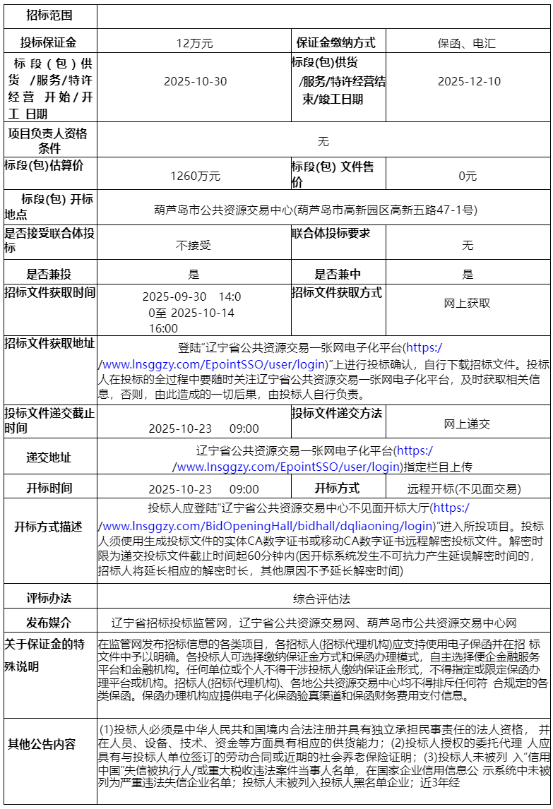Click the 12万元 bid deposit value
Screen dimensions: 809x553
pyautogui.click(x=194, y=43)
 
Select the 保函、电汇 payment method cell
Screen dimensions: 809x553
pyautogui.click(x=466, y=43)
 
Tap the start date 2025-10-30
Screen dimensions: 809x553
pyautogui.click(x=196, y=81)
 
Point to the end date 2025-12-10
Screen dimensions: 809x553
pyautogui.click(x=469, y=81)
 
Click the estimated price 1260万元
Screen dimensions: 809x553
pyautogui.click(x=195, y=176)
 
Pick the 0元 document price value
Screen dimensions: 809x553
pyautogui.click(x=468, y=176)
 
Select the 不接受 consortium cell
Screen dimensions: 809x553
pyautogui.click(x=194, y=245)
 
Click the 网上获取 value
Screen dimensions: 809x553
pyautogui.click(x=467, y=303)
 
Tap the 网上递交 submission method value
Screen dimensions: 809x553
pyautogui.click(x=467, y=424)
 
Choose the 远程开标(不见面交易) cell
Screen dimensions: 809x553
pyautogui.click(x=464, y=489)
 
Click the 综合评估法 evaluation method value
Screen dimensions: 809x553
pyautogui.click(x=322, y=599)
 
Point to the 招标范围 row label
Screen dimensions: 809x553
pyautogui.click(x=49, y=14)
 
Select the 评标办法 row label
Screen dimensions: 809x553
pyautogui.click(x=49, y=598)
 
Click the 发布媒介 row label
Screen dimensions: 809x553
pyautogui.click(x=49, y=623)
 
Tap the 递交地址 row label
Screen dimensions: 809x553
pyautogui.click(x=49, y=457)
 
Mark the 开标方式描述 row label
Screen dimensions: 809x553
pyautogui.click(x=49, y=527)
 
